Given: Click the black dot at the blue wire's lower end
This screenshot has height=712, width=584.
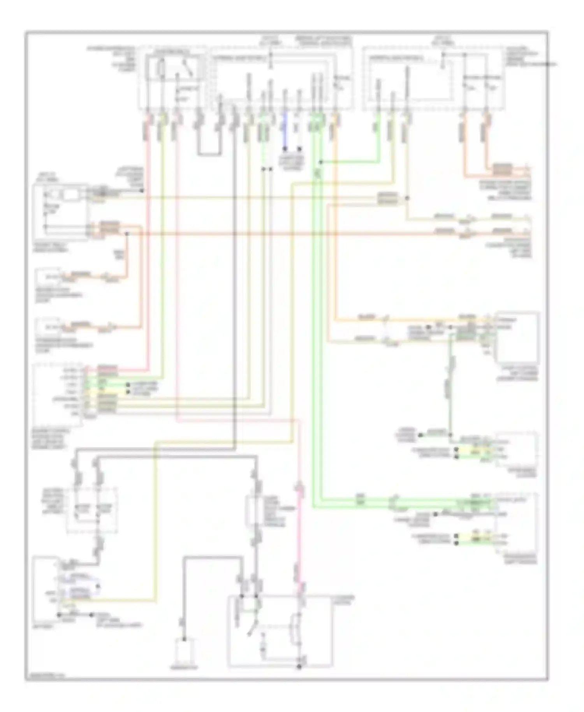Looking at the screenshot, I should click(x=285, y=149).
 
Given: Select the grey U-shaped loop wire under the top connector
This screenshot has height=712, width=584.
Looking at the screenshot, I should click(x=209, y=153).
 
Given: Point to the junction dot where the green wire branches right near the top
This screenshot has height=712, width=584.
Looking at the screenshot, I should click(x=320, y=162).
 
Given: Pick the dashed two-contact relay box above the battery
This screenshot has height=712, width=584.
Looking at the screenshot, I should click(x=92, y=510).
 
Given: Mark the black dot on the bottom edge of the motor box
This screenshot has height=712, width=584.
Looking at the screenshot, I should click(x=299, y=667).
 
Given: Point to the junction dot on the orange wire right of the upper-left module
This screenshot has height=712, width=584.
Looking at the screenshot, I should click(x=127, y=234).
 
